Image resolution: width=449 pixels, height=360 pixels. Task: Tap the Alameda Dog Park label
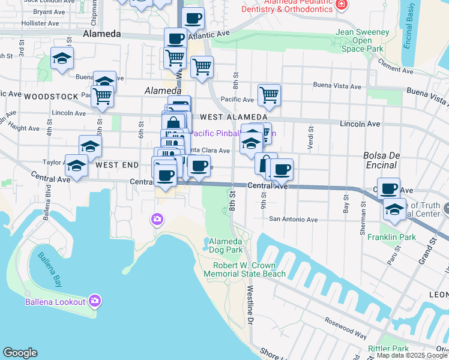coord(225,245)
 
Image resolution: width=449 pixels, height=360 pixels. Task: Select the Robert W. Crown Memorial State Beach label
coord(244,269)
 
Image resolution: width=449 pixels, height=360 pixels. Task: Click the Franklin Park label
coord(393,237)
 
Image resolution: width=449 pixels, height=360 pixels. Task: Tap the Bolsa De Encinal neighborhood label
coord(382,160)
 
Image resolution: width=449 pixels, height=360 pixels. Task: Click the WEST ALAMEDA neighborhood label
coord(234,116)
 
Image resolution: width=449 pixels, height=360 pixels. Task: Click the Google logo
coord(20,353)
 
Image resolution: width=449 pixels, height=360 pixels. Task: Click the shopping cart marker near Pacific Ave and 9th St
coord(270,94)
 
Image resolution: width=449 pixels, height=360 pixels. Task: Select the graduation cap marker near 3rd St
coord(62,58)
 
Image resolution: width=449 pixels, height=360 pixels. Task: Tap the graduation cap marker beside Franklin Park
coord(394,209)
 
